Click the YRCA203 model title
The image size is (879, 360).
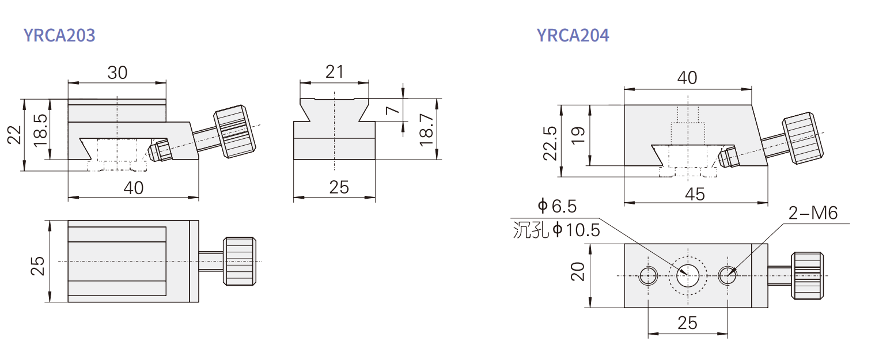click(x=59, y=35)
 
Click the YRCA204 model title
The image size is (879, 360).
click(x=573, y=35)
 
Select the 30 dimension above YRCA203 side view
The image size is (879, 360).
click(x=118, y=73)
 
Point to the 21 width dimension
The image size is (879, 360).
click(x=334, y=72)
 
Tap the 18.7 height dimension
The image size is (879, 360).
click(x=427, y=130)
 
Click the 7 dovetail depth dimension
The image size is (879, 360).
click(x=392, y=110)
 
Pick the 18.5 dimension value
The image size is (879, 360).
click(x=40, y=130)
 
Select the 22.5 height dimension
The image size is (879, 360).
click(x=550, y=143)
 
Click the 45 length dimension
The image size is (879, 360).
click(x=695, y=194)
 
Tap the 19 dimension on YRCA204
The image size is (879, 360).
click(x=578, y=135)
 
